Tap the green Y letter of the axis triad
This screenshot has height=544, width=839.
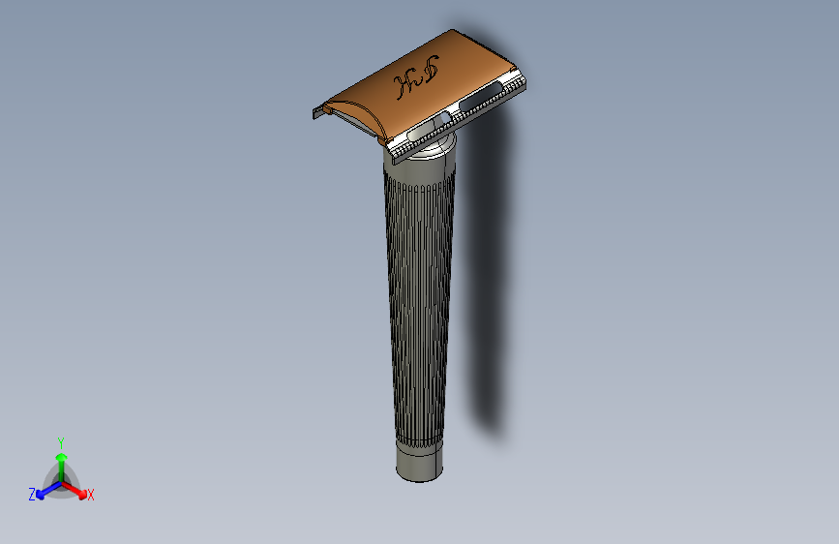60,441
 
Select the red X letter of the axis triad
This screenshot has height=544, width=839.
91,495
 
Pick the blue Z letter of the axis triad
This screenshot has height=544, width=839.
32,495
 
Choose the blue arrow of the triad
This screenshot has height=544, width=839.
45,488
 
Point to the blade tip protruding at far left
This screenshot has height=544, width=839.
316,114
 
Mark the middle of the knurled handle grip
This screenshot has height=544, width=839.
419,300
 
